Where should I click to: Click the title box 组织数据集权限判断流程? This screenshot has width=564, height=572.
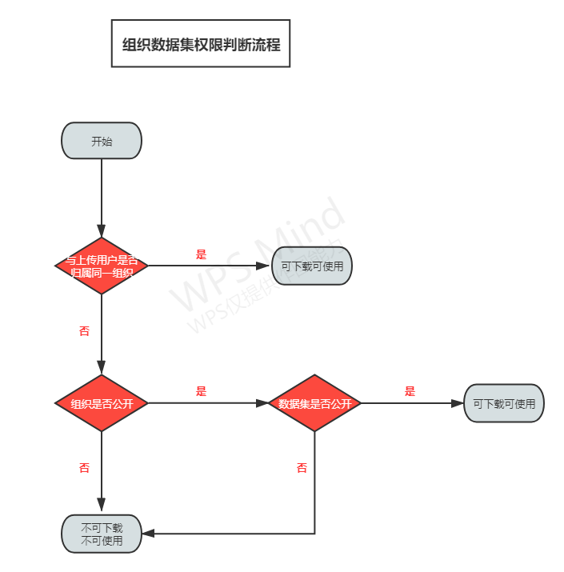201,44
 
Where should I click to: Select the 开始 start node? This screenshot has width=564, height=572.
102,141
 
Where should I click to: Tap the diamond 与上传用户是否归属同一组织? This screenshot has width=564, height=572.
102,266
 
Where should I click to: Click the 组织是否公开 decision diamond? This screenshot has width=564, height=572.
102,403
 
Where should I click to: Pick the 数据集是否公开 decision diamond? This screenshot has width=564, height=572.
314,403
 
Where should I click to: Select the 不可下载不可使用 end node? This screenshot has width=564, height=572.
102,534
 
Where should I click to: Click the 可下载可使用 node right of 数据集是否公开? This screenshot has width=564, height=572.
504,403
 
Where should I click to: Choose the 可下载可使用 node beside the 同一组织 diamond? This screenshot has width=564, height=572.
312,266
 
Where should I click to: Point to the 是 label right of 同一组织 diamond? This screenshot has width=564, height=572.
201,254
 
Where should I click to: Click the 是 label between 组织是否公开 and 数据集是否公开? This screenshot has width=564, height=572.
201,391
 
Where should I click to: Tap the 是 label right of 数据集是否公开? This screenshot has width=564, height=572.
410,391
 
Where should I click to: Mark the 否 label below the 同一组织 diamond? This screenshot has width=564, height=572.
84,330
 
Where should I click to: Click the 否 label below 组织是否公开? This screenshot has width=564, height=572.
84,468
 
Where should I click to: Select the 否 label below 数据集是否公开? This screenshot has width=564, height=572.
302,468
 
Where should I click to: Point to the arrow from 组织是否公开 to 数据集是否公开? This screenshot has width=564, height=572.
208,403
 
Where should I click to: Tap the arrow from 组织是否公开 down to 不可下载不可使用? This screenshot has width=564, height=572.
102,472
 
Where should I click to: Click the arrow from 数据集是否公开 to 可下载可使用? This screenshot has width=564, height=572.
412,403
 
